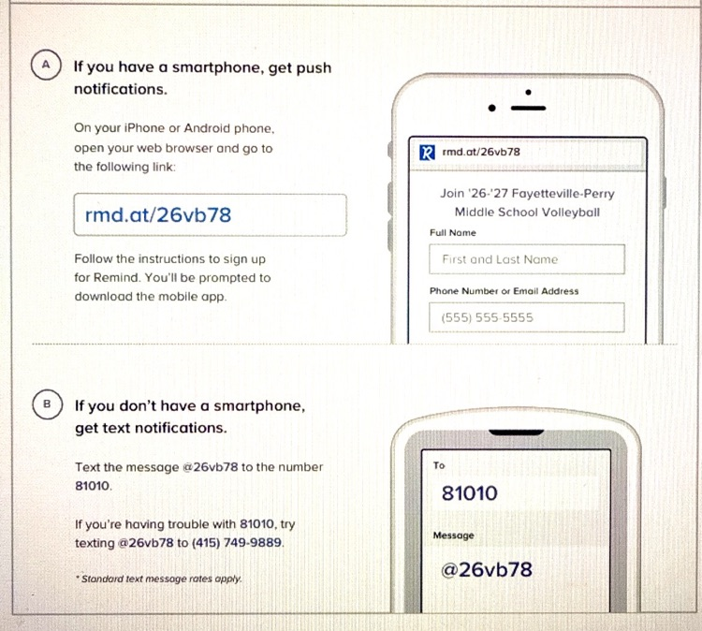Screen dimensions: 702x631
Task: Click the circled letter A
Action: [46, 65]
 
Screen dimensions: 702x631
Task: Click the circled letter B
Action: [47, 404]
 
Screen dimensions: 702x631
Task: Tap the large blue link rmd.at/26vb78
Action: [158, 215]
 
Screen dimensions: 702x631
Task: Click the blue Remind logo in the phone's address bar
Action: [427, 153]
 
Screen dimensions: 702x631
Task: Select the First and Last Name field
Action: [526, 259]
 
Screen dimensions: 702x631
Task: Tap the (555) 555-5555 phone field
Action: [526, 317]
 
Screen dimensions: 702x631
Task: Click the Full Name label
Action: [453, 233]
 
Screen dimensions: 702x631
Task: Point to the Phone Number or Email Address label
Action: [505, 291]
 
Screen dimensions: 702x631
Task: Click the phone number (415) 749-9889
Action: [237, 543]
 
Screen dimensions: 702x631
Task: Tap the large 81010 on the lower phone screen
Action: [469, 493]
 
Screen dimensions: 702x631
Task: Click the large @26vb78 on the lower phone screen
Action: [487, 569]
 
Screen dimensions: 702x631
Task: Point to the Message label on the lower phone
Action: [454, 536]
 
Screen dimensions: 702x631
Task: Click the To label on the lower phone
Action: [439, 465]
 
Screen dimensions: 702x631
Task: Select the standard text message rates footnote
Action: [159, 579]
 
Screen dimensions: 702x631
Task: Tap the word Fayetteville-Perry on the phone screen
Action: [563, 194]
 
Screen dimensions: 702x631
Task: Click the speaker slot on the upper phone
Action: [528, 108]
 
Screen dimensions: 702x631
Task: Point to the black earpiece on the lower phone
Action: [516, 433]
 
